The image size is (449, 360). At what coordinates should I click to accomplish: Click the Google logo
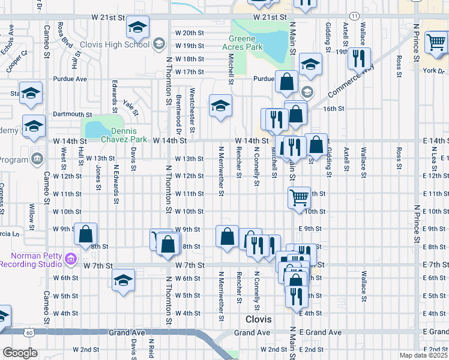tap(19, 353)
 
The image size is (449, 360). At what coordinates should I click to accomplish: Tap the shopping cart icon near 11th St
tap(299, 197)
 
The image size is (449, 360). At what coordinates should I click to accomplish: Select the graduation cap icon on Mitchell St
tap(220, 106)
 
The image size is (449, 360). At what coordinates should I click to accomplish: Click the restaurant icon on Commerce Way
tap(358, 59)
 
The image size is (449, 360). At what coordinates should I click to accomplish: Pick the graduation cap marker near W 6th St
tap(123, 280)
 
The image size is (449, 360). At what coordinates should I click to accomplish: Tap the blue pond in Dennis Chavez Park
tap(96, 129)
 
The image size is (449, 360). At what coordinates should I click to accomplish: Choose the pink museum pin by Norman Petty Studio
tap(71, 259)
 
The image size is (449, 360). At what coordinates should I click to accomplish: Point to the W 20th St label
tap(190, 32)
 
